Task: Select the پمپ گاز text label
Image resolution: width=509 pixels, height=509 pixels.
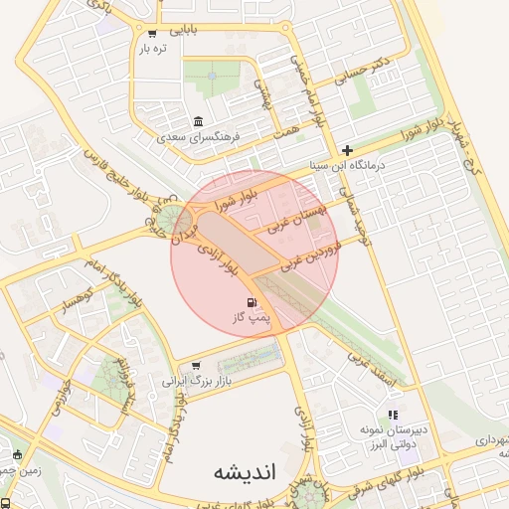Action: [252, 318]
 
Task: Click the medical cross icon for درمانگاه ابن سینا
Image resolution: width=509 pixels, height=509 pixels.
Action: [346, 149]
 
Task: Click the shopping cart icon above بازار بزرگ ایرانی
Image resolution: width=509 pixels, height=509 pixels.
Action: [195, 365]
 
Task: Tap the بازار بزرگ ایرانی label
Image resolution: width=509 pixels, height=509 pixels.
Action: [195, 381]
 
